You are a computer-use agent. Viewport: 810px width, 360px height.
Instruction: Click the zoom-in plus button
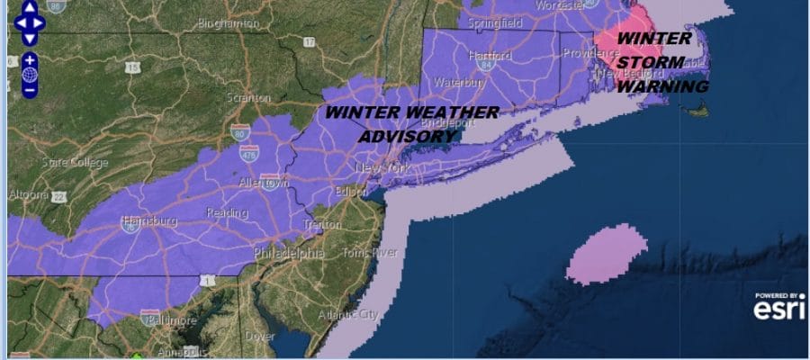30,59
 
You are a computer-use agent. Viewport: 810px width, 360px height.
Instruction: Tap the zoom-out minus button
30,89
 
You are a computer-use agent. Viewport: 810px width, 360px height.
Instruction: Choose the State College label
76,162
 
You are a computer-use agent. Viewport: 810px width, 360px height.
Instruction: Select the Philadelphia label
289,253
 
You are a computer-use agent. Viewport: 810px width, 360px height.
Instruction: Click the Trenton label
321,223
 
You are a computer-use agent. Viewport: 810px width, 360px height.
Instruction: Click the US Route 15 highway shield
133,67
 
